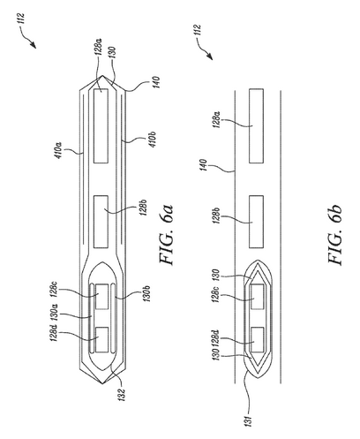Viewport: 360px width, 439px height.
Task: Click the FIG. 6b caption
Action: [x=334, y=234]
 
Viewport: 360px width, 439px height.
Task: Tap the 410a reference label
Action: [x=58, y=150]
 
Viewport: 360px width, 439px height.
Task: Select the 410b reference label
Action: [x=152, y=140]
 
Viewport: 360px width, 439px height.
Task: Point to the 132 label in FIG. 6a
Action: [x=123, y=395]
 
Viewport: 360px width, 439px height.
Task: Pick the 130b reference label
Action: [x=146, y=293]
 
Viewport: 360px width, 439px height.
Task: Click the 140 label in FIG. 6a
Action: [x=155, y=83]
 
